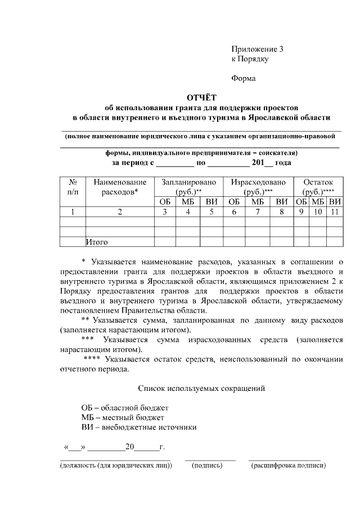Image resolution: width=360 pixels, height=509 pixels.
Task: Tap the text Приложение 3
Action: [258, 49]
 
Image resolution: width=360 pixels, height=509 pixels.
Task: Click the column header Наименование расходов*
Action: [120, 187]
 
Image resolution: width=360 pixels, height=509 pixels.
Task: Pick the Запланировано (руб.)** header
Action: [188, 187]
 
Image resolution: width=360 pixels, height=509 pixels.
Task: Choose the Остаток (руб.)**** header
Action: [318, 187]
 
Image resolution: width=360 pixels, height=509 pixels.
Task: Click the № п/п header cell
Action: [73, 187]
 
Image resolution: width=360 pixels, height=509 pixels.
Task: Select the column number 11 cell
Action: [334, 212]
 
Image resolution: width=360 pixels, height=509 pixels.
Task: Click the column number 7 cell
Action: [258, 212]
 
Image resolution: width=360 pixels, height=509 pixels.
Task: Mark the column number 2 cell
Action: [120, 212]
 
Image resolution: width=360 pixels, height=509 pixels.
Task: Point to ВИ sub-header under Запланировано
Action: [211, 202]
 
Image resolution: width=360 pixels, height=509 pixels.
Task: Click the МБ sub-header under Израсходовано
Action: [258, 202]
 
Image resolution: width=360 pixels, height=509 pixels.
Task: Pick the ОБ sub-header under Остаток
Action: [301, 202]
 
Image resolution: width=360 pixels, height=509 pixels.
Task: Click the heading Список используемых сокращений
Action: [201, 388]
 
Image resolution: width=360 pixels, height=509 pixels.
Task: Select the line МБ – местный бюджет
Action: [123, 417]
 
